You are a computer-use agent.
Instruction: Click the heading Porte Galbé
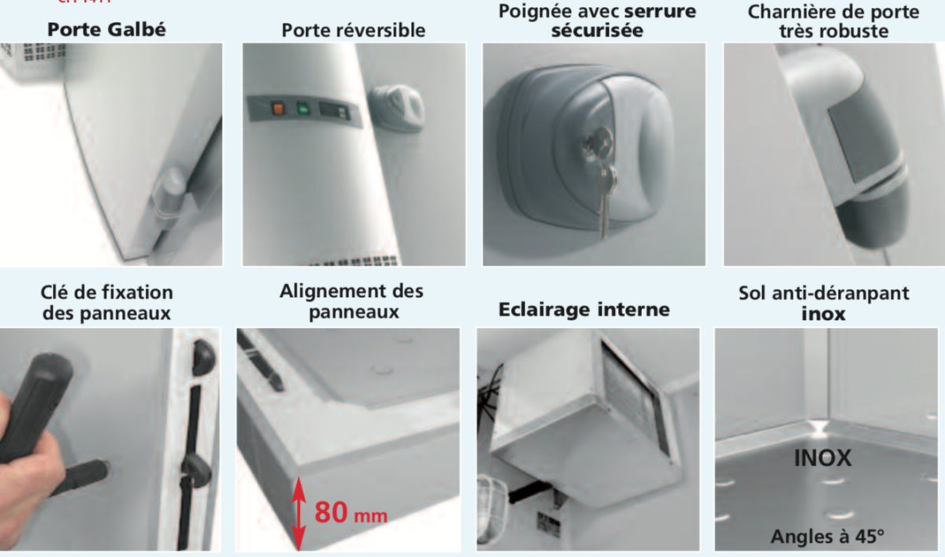(107, 30)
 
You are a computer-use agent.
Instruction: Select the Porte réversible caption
(353, 31)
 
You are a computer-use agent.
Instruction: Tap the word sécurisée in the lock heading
(597, 31)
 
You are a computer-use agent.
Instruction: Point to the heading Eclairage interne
(584, 310)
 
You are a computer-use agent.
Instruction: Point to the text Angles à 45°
(827, 537)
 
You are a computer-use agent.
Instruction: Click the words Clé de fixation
(106, 292)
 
